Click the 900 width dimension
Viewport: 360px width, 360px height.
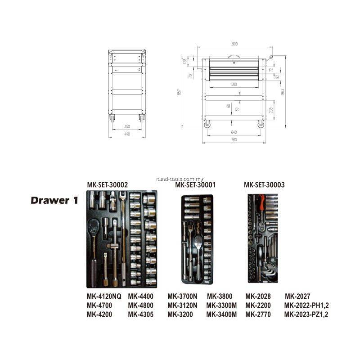click(234, 44)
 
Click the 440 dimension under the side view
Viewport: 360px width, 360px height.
click(127, 134)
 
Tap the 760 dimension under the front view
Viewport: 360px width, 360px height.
click(234, 140)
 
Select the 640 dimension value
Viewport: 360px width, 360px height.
click(234, 132)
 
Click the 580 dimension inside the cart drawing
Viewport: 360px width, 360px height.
click(234, 84)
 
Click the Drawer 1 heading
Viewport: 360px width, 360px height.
click(54, 200)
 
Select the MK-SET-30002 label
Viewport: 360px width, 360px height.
click(108, 184)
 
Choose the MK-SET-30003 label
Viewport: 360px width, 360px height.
click(264, 184)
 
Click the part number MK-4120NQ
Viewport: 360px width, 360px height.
click(104, 296)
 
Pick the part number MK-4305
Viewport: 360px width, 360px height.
click(141, 315)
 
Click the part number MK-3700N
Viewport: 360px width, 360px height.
click(182, 296)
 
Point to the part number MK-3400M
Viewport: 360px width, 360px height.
click(221, 315)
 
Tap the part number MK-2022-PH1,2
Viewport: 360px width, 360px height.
click(306, 306)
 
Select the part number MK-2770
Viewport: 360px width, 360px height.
click(258, 315)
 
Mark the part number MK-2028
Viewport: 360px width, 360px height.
click(258, 296)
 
